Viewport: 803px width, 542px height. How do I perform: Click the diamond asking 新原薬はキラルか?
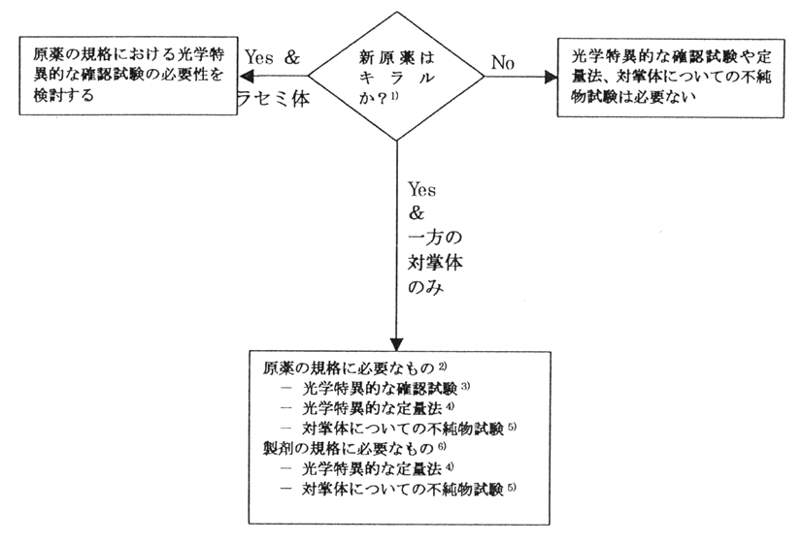coord(396,77)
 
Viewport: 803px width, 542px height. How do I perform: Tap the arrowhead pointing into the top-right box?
coord(552,76)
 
